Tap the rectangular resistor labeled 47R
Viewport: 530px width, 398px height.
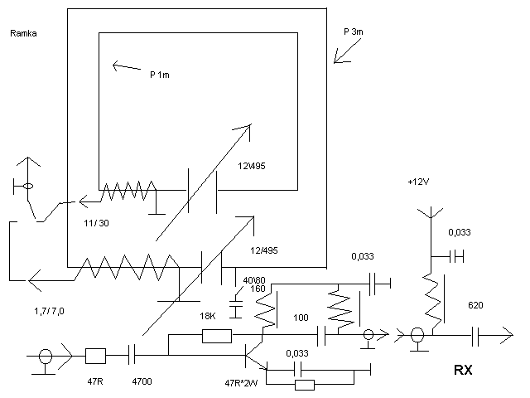(x=95, y=357)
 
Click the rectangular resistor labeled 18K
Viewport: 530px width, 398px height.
(x=216, y=336)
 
